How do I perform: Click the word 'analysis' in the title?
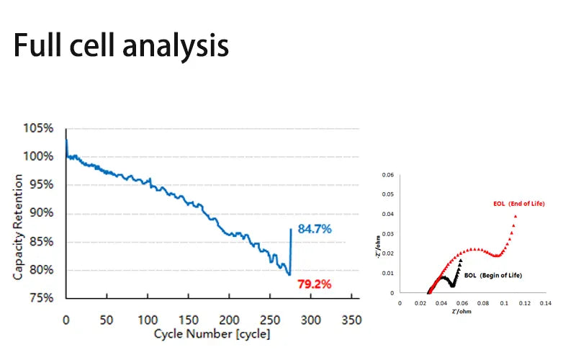point(176,45)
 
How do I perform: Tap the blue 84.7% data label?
point(315,229)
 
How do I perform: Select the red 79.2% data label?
point(315,284)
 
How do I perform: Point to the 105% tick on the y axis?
point(37,128)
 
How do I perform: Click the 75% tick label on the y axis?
point(40,298)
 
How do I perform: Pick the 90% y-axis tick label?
point(40,213)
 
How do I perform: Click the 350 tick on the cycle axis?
point(351,319)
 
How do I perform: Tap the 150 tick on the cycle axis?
point(188,319)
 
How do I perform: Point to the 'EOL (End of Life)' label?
point(518,204)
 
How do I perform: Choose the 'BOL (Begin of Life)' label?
point(493,276)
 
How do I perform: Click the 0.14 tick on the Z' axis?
point(545,303)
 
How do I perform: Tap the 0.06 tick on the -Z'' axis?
point(387,175)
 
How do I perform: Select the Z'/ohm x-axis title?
point(462,312)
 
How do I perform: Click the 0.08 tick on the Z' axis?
point(481,303)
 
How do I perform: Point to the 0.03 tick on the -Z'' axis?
point(387,234)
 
